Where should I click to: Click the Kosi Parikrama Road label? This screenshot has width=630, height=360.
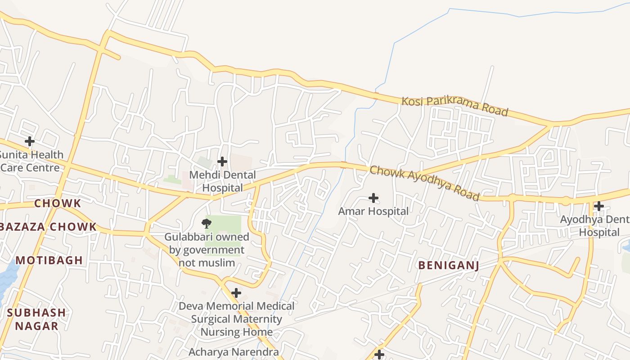454,106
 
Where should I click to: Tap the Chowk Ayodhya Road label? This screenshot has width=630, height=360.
424,183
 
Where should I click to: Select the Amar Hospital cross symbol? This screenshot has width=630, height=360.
373,198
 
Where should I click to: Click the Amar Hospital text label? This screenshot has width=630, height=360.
373,211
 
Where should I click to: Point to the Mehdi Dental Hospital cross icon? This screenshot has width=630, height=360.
222,161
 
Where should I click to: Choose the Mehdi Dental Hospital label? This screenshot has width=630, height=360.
222,181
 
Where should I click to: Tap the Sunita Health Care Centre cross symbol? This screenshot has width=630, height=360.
30,141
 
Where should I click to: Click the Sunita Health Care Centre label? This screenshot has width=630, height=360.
31,161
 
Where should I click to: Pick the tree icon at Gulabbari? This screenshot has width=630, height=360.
207,223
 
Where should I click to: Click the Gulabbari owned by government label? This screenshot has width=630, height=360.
207,249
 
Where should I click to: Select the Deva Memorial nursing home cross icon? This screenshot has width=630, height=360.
236,293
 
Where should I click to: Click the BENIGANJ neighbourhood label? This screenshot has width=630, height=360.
448,265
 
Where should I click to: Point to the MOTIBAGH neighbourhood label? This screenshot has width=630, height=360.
49,260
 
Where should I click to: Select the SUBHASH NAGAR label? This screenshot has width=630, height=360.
36,319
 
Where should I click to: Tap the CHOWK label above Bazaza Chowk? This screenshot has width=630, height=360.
58,203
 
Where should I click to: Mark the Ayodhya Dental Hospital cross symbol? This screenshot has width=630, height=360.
598,207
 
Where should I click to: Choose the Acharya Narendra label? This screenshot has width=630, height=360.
234,352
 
